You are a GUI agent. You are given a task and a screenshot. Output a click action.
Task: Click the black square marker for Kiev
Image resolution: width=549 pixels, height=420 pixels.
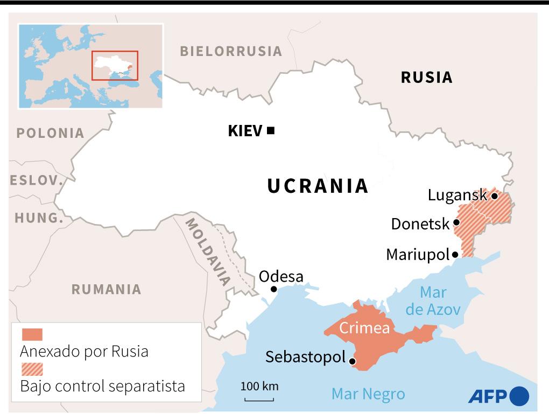coord(271,130)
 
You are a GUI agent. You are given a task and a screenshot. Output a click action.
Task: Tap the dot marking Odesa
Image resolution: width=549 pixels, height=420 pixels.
coord(273,289)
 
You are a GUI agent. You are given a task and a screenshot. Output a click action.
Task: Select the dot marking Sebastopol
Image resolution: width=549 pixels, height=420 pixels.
coord(353,362)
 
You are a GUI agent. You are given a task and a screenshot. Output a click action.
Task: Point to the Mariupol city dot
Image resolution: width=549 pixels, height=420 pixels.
coord(455,255)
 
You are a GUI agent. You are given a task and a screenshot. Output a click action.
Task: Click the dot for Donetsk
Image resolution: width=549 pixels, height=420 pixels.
coord(456,222)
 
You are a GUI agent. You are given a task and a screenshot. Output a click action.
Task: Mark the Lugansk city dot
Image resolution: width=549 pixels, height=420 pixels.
coord(494,196)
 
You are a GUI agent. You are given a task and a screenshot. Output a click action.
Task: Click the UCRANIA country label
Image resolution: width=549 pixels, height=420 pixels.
coord(318,186)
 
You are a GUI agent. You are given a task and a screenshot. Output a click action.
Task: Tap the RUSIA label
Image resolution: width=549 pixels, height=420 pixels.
coord(426,78)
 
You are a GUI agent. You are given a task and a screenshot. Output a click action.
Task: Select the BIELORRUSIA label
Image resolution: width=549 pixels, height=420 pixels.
coord(231,52)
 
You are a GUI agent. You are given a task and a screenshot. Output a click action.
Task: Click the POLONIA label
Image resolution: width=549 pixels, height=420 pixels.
coord(50,133)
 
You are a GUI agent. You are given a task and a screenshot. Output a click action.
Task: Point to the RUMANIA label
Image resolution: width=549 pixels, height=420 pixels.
coord(106,289)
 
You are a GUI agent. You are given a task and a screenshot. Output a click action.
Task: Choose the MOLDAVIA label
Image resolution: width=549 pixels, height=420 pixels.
coord(207,250)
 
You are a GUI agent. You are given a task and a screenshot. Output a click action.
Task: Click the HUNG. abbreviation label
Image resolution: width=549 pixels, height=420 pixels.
coord(39,218)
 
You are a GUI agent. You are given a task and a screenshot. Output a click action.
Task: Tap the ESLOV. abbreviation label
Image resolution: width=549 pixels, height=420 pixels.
coord(37,181)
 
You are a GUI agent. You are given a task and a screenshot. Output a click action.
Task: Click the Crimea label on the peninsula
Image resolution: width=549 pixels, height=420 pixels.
coord(364,328)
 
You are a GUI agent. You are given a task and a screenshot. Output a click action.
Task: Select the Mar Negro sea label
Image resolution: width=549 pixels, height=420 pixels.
coord(368,394)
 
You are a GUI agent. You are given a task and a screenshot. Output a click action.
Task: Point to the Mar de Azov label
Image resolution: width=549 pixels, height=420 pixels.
coord(433,301)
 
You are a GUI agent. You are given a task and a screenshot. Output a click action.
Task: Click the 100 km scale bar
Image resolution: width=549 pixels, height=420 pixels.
coord(259,399)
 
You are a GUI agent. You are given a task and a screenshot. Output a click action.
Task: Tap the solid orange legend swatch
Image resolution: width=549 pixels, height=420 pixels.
coord(32,334)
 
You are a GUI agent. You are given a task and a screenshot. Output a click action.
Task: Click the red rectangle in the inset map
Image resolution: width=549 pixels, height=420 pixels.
coord(115,65)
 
